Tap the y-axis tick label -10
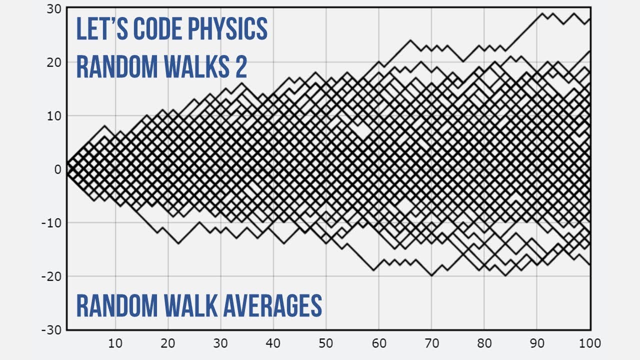[x=51, y=222]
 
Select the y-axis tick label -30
[x=51, y=330]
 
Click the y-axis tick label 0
[x=57, y=169]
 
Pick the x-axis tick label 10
[x=115, y=343]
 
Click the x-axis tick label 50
[x=326, y=343]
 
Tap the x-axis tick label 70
[x=431, y=343]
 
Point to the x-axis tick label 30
[x=220, y=343]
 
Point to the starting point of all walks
[x=67, y=169]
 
